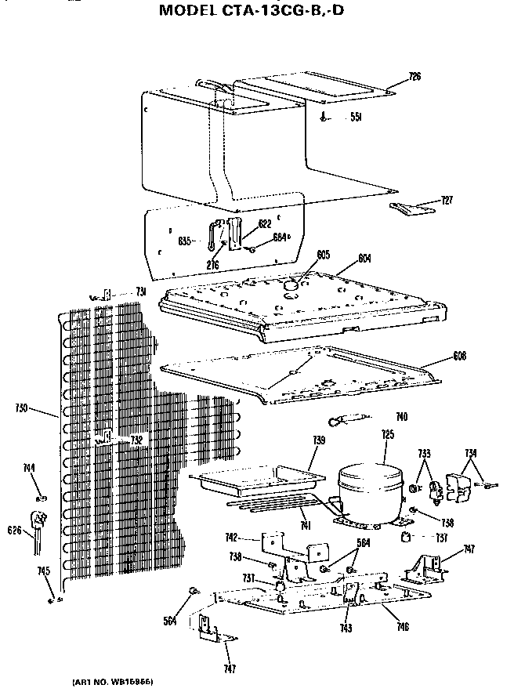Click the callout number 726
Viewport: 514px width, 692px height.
tap(415, 76)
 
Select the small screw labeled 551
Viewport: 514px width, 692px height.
tap(324, 117)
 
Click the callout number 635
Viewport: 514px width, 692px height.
tap(185, 240)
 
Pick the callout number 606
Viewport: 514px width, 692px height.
tap(459, 356)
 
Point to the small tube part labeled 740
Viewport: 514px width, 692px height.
tap(349, 421)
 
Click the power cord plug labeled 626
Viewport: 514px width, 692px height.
tap(36, 521)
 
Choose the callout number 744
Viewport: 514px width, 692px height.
tap(30, 469)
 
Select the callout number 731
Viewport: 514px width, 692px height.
tap(141, 292)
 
